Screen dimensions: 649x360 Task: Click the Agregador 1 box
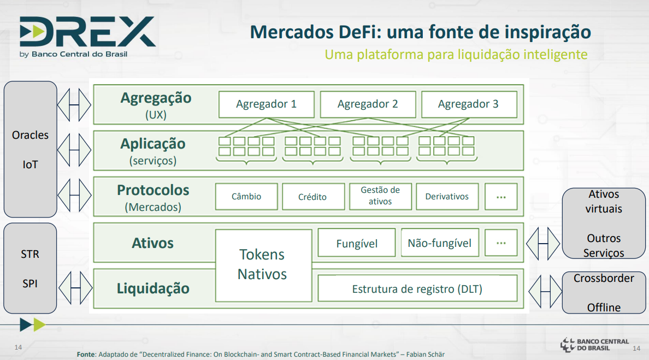coord(266,104)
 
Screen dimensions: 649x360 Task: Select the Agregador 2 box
coord(368,104)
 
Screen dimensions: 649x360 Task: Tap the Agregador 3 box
coord(469,104)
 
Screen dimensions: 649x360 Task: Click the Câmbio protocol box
coord(246,197)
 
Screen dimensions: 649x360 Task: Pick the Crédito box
coord(314,197)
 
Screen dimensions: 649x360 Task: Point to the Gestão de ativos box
coord(380,197)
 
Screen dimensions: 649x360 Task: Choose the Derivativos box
coord(447,197)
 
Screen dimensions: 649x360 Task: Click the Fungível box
coord(356,243)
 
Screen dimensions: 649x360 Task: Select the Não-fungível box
coord(440,243)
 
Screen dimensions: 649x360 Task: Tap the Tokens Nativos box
coord(263,265)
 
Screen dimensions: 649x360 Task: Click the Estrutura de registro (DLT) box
coord(417,288)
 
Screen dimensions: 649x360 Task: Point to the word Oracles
coord(30,135)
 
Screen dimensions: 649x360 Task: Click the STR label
coord(30,254)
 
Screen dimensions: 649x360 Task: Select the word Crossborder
coord(604,278)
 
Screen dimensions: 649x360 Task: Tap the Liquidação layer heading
coord(153,288)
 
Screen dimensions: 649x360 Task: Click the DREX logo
coord(87,37)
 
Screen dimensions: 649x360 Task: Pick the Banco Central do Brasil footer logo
coord(594,345)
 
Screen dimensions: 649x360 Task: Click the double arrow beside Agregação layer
coord(74,105)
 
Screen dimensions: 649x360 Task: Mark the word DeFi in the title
coord(359,32)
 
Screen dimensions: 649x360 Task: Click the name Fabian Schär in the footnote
coord(426,354)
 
